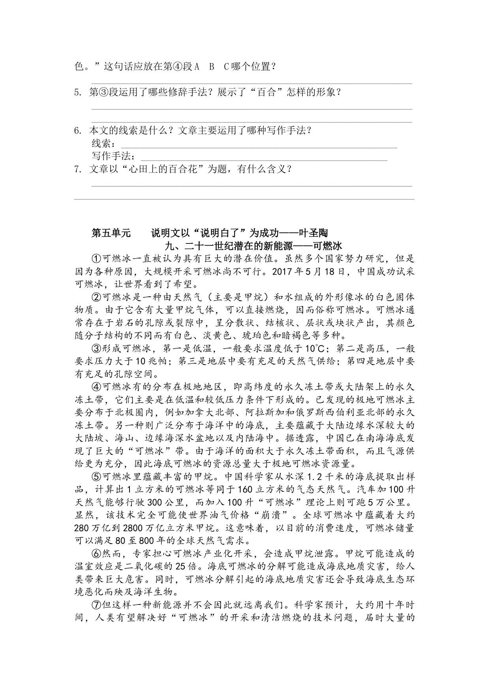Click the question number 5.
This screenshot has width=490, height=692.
[77, 93]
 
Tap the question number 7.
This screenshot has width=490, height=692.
[77, 170]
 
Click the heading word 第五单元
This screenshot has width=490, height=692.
[111, 233]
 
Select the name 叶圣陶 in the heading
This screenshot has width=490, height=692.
[314, 233]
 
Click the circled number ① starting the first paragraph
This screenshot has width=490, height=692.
[97, 259]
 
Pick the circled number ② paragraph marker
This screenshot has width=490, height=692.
[97, 297]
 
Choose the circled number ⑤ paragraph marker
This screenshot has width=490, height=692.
[97, 477]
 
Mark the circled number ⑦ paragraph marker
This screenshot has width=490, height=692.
[97, 605]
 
